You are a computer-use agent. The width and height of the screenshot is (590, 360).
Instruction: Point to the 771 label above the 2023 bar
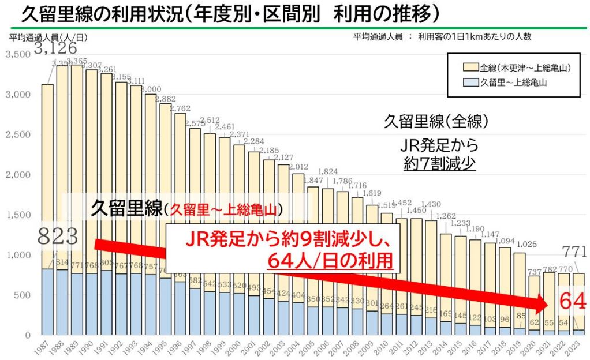tap(574, 251)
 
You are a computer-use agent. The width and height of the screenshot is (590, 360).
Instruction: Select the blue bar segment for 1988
tap(62, 302)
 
